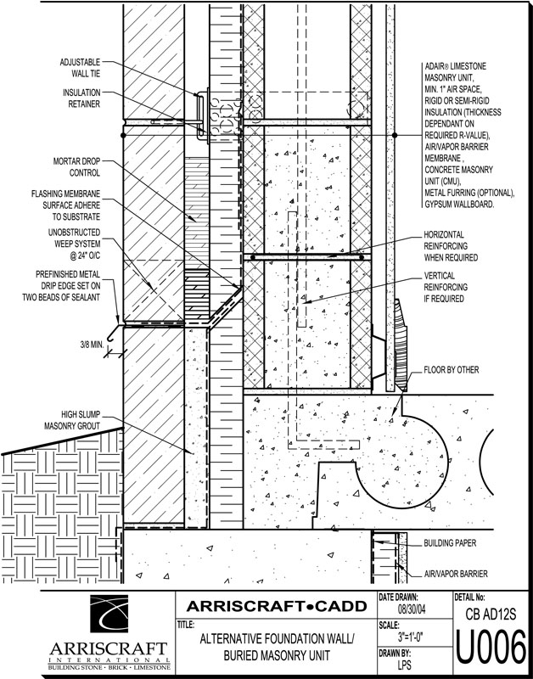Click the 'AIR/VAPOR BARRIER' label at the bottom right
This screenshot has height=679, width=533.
point(458,574)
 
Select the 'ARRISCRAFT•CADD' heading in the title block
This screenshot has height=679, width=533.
point(276,605)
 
